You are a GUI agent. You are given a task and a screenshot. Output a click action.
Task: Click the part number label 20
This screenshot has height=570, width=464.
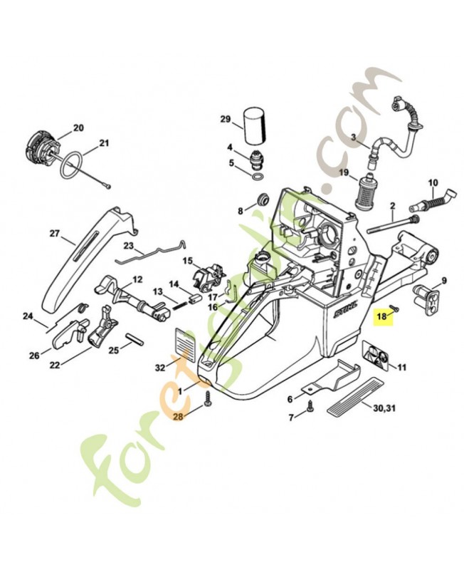point(78,128)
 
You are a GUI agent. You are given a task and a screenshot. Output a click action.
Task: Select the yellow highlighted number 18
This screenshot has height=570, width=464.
point(382,315)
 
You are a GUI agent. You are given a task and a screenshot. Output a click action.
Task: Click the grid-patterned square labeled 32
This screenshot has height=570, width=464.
point(186,341)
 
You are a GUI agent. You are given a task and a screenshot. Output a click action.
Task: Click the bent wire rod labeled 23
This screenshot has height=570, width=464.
point(149,253)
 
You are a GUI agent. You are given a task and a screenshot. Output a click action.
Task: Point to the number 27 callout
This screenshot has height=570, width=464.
point(55,233)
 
